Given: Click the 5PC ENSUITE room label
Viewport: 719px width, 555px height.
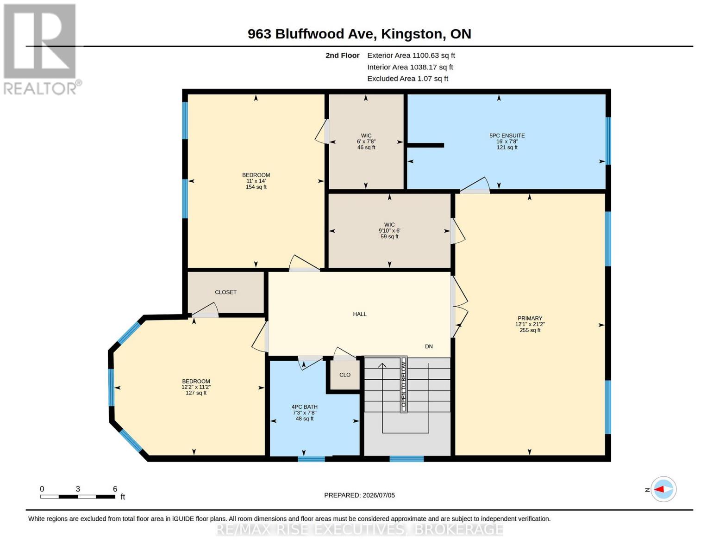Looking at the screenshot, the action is click(506, 136).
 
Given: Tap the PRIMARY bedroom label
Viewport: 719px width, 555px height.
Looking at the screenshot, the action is click(529, 318).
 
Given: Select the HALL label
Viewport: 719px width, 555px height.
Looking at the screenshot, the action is click(359, 314).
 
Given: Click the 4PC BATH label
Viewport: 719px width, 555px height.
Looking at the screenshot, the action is click(305, 407).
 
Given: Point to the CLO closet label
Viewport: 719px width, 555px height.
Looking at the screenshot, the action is click(345, 375).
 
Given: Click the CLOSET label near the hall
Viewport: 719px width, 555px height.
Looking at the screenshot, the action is click(225, 292).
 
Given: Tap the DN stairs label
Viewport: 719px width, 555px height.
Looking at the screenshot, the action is click(429, 346).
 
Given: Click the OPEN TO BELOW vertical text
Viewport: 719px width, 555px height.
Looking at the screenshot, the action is click(404, 384).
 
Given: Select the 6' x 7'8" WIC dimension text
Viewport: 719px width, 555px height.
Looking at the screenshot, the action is click(366, 142).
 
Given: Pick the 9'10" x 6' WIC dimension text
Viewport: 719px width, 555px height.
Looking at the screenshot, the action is click(389, 231).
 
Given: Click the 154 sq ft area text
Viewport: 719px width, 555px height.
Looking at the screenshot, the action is click(256, 187).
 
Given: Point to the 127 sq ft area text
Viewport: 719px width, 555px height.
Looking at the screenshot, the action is click(196, 393).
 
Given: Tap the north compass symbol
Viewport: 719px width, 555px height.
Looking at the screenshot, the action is click(663, 489).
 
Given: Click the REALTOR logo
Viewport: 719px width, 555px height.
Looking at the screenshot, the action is click(42, 49).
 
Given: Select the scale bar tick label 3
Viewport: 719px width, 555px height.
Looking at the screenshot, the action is click(78, 489).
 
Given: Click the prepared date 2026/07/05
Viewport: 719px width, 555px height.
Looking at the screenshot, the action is click(379, 495).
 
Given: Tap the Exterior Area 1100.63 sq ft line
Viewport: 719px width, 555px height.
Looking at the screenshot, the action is click(411, 55).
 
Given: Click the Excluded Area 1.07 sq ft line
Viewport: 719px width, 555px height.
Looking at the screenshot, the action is click(407, 79).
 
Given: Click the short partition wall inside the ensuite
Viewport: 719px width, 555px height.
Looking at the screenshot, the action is click(425, 145).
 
